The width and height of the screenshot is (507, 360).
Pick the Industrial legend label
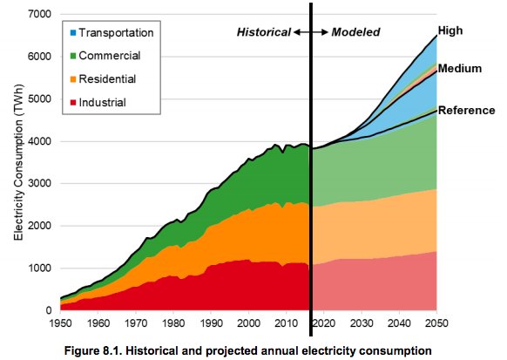[x=102, y=102]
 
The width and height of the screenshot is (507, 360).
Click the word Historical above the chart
[x=264, y=32]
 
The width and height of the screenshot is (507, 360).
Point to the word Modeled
[x=355, y=32]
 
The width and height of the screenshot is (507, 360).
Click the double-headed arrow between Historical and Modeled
[x=309, y=32]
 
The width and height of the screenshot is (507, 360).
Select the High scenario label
[x=450, y=31]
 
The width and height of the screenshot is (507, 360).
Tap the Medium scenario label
[x=459, y=68]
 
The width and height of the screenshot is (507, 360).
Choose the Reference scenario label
[x=465, y=110]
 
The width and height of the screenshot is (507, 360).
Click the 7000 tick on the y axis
[x=39, y=15]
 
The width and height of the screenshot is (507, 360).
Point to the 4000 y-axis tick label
[x=39, y=141]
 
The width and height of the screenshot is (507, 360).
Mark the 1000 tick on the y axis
[x=39, y=268]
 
